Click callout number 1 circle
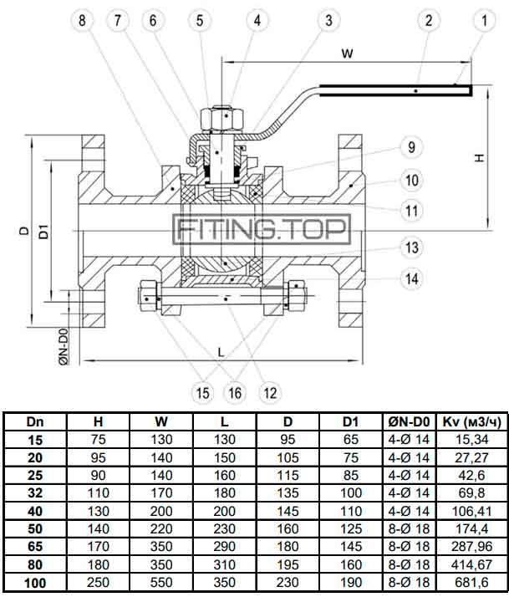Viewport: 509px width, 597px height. pyautogui.click(x=483, y=19)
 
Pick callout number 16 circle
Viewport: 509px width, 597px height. pyautogui.click(x=235, y=391)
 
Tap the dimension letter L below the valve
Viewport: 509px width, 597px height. pyautogui.click(x=221, y=352)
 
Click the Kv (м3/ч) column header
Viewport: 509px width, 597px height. pyautogui.click(x=474, y=422)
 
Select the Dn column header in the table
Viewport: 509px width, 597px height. pyautogui.click(x=35, y=422)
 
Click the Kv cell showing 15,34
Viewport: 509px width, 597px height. pyautogui.click(x=474, y=438)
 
